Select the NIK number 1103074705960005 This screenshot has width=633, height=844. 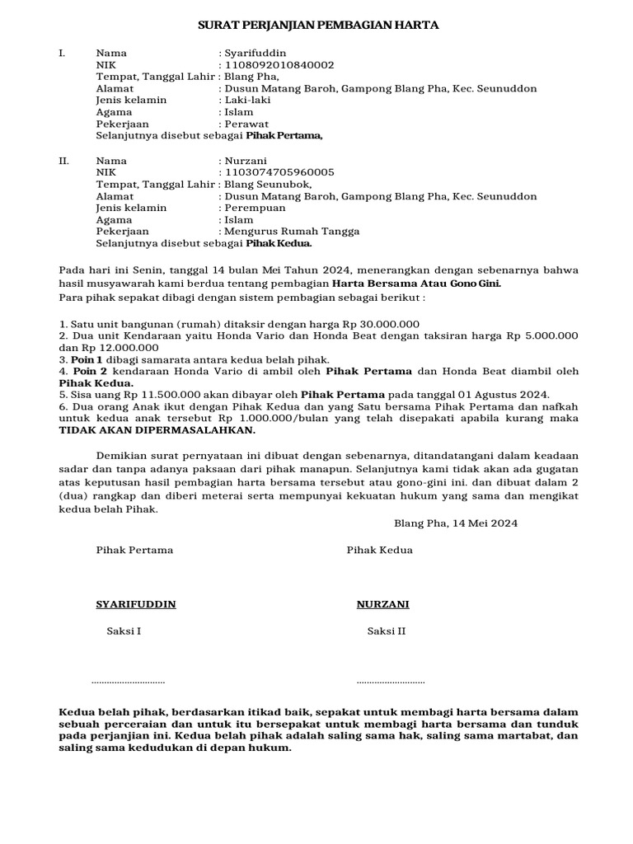(279, 172)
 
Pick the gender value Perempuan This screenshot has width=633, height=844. (254, 209)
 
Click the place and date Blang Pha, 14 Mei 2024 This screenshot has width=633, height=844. (456, 523)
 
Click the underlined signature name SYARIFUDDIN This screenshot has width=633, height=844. (136, 604)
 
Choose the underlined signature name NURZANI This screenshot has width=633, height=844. (382, 604)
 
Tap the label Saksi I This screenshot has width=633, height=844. (124, 632)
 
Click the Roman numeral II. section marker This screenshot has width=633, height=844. (63, 161)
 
